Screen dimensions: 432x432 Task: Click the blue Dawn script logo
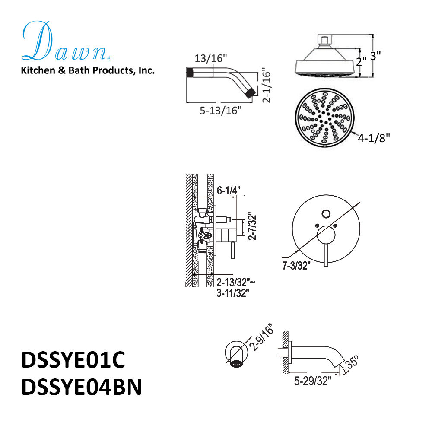click(x=66, y=41)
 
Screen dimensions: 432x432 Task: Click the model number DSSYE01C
click(x=73, y=359)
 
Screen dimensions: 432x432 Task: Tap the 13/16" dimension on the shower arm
click(x=211, y=58)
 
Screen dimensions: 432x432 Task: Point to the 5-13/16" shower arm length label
click(x=221, y=111)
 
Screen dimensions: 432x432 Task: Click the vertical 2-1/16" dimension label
click(x=267, y=85)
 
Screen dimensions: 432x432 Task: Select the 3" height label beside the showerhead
click(x=375, y=56)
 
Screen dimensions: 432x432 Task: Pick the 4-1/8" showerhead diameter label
click(x=374, y=138)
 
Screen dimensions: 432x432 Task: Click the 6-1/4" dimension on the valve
click(x=229, y=191)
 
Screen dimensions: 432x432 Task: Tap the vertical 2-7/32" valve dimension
click(x=252, y=226)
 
